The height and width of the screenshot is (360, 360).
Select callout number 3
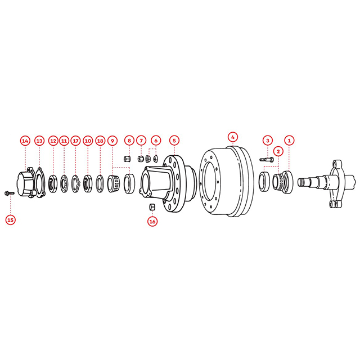(268, 140)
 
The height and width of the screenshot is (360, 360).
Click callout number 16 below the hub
(152, 221)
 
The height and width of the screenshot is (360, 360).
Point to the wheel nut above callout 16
(152, 208)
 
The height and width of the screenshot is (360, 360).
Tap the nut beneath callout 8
(127, 159)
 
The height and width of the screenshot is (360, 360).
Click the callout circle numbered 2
(278, 151)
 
